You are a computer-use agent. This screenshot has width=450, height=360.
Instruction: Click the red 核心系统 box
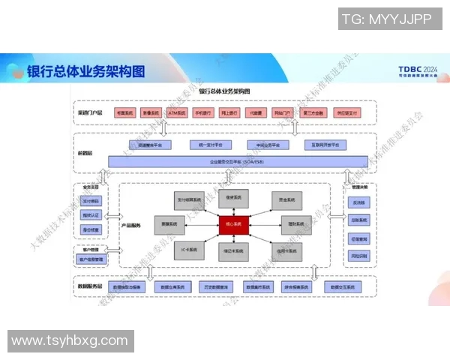pos(235,224)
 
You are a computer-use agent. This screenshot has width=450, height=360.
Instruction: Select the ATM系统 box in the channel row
pos(176,112)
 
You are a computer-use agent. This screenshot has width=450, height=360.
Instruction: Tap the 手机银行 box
pos(203,112)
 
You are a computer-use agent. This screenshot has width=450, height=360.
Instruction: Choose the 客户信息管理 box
pos(91,259)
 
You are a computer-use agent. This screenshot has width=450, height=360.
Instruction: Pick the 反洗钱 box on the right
pos(358,202)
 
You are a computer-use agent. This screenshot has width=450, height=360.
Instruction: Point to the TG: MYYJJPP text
pos(387,19)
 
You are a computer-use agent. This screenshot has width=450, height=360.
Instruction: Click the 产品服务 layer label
pos(132,225)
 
